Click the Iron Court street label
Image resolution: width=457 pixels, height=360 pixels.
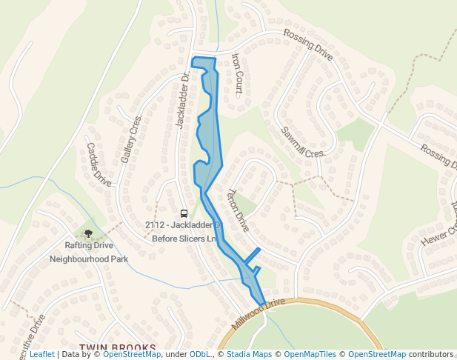[x=238, y=75]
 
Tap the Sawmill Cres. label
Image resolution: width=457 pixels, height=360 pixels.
[x=303, y=141]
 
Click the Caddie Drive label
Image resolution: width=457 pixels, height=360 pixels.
[x=99, y=164]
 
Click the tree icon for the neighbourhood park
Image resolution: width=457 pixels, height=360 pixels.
[x=89, y=234]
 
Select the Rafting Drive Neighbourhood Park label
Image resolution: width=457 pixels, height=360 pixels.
[x=89, y=252]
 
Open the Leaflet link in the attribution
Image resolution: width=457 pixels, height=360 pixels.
[x=41, y=355]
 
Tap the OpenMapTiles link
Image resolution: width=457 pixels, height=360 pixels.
[x=310, y=355]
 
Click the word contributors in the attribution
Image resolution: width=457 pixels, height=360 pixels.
[x=431, y=355]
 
